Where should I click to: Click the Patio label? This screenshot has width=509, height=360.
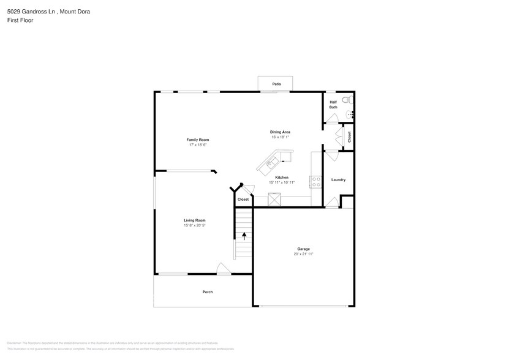(276, 83)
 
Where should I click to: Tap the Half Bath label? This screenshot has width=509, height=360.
(333, 105)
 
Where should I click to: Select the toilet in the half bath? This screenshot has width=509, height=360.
(345, 100)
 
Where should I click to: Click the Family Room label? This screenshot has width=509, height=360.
(198, 140)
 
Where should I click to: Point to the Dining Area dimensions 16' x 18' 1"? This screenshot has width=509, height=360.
(280, 137)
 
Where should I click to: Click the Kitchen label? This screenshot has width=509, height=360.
(282, 178)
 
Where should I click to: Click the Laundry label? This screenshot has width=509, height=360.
(338, 179)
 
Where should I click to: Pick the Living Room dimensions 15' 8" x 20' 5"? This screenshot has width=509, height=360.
(194, 225)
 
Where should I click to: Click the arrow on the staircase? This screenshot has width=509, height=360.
(244, 235)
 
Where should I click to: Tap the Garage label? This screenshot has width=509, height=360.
(303, 249)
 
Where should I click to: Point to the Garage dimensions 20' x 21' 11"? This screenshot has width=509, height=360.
(303, 253)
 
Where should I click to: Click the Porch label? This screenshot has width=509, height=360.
(208, 292)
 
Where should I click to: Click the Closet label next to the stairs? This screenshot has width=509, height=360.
(243, 199)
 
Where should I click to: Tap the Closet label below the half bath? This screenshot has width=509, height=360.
(349, 137)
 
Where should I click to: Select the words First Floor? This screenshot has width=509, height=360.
(20, 20)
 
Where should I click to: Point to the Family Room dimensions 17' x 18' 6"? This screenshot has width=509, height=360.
(198, 145)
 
